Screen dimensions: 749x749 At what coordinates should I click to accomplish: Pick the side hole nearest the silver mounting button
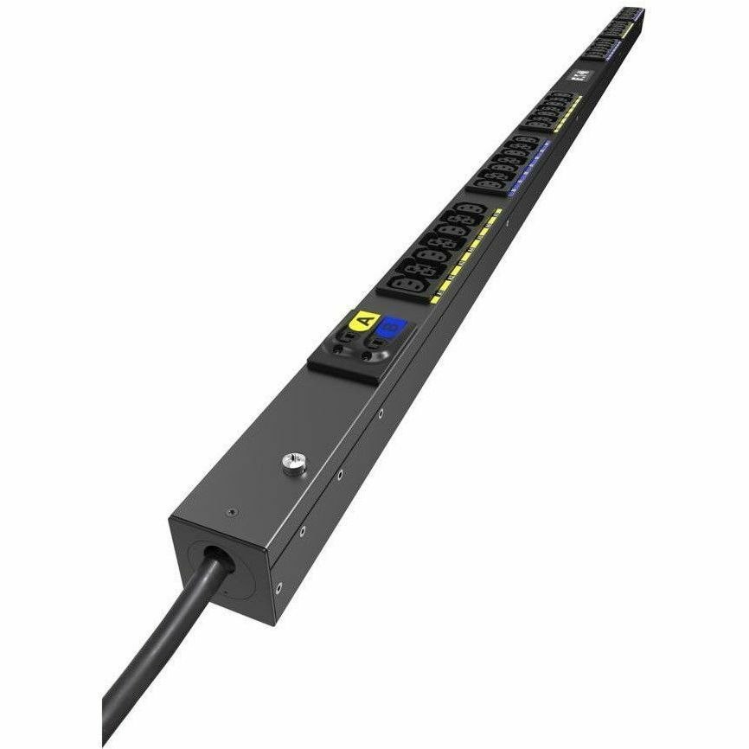[342, 475]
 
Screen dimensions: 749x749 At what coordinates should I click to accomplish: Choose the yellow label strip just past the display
[572, 112]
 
